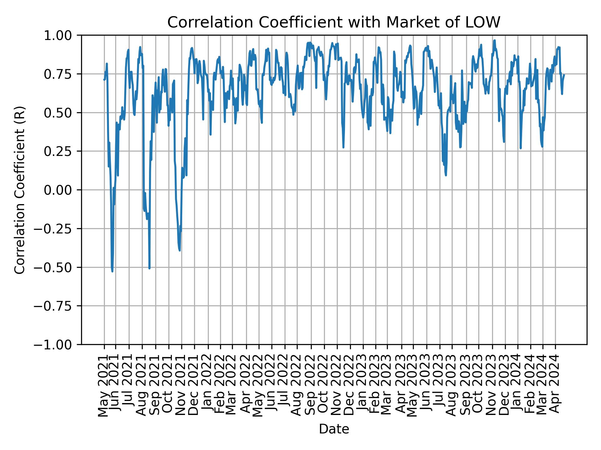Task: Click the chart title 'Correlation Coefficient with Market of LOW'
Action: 334,22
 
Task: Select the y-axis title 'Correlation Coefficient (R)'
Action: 19,190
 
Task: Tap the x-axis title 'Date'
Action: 334,429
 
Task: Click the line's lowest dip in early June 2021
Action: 112,271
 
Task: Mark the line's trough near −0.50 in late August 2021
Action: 149,268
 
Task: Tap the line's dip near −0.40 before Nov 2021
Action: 180,250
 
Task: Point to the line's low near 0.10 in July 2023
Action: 446,175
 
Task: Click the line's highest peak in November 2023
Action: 495,40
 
